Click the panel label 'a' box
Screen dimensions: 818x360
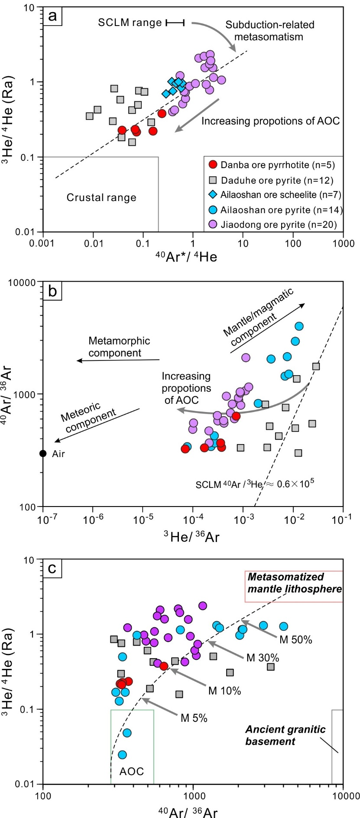pyautogui.click(x=52, y=16)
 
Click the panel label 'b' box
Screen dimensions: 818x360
pyautogui.click(x=52, y=291)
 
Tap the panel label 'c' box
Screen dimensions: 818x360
pyautogui.click(x=52, y=568)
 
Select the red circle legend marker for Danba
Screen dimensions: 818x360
pyautogui.click(x=213, y=165)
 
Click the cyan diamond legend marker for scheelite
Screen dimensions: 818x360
pyautogui.click(x=213, y=195)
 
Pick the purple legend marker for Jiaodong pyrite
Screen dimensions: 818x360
pyautogui.click(x=213, y=224)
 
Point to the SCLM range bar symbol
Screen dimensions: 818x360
pyautogui.click(x=175, y=23)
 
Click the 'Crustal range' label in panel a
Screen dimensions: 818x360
pyautogui.click(x=101, y=198)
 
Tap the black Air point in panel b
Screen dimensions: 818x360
pyautogui.click(x=43, y=453)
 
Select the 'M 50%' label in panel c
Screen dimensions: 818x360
pyautogui.click(x=295, y=639)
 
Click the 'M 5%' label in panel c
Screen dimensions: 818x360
pyautogui.click(x=194, y=718)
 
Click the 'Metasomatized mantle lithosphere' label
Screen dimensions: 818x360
pyautogui.click(x=295, y=583)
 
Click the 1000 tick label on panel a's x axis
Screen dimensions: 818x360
pyautogui.click(x=343, y=243)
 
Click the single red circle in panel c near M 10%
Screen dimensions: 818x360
pyautogui.click(x=164, y=666)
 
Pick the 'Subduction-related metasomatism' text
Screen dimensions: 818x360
pyautogui.click(x=269, y=31)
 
